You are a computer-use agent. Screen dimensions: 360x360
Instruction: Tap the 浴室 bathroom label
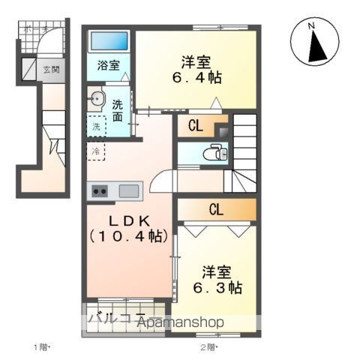point(109,65)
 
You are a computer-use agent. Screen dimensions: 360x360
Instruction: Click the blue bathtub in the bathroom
point(109,41)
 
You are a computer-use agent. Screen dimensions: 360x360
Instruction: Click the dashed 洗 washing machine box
point(96,127)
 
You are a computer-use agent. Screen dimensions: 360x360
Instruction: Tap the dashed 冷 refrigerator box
point(96,151)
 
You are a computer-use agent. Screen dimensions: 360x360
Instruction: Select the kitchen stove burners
point(100,191)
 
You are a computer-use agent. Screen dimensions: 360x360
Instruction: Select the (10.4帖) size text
point(129,237)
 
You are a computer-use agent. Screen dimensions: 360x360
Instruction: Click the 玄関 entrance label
point(51,70)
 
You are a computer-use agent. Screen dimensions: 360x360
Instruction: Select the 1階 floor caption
point(41,346)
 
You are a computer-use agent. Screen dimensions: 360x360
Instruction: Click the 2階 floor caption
point(208,346)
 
